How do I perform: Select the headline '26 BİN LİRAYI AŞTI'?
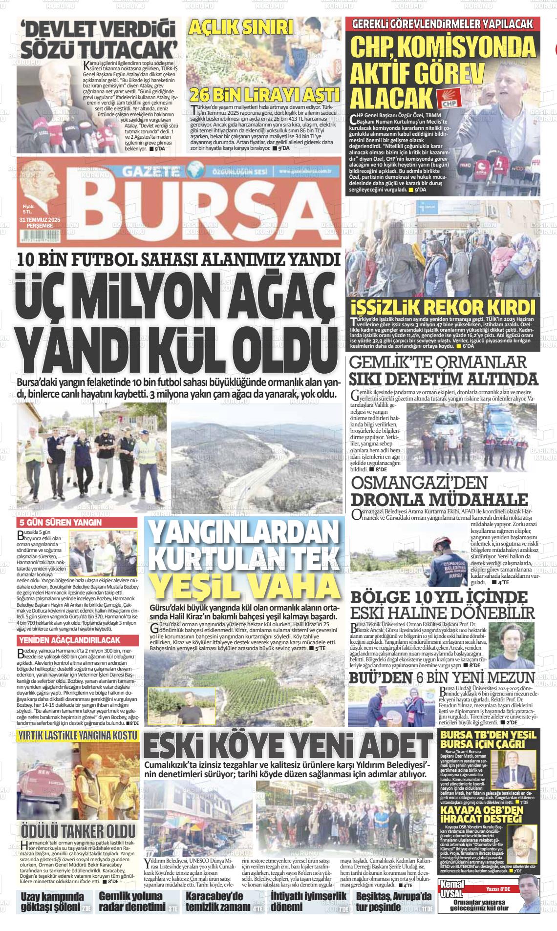click(x=264, y=94)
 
